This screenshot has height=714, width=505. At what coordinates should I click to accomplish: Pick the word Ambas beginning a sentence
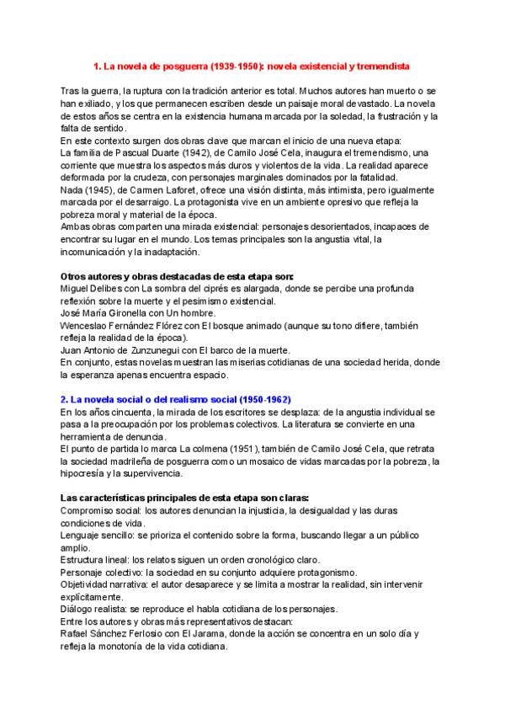76,226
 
